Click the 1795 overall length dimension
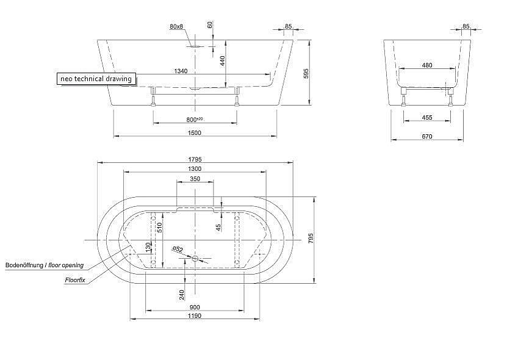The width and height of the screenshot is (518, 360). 195,159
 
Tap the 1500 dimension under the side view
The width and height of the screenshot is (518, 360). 194,133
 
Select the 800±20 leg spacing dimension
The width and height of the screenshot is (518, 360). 195,119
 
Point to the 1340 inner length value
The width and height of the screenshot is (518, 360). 181,71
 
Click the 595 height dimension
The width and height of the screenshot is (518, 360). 306,73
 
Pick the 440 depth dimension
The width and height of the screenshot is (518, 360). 223,61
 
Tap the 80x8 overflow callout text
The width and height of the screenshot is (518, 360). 176,26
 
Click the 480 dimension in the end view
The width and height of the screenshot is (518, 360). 427,65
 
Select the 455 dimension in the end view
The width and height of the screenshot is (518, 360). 427,117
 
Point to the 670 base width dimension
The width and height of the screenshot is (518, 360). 427,136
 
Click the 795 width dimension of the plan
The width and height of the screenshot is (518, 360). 311,239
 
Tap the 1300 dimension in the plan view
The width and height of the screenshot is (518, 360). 195,169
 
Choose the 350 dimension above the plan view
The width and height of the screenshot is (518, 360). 195,179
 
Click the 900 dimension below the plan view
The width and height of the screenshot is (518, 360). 195,307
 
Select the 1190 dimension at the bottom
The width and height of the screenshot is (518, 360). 195,315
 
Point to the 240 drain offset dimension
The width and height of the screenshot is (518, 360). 182,295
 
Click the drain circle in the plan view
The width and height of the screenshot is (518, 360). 195,259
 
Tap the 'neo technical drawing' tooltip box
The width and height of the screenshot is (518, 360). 96,79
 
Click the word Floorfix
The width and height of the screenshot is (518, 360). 75,280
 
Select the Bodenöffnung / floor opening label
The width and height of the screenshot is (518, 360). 45,265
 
